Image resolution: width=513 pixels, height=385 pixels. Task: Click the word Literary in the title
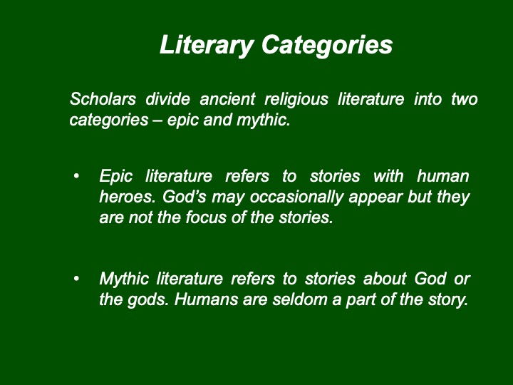(x=207, y=46)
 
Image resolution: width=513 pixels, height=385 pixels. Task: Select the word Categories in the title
(x=327, y=46)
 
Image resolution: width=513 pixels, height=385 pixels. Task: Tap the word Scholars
(x=103, y=99)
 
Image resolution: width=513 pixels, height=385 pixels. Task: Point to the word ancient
(x=227, y=99)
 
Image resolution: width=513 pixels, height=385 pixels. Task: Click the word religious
(x=296, y=100)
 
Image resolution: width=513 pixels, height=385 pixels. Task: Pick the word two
(x=465, y=99)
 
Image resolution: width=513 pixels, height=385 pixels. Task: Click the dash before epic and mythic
(x=157, y=120)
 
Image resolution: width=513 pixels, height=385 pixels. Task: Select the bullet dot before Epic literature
(x=76, y=177)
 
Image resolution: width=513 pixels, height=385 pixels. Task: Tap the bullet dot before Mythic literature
(x=76, y=279)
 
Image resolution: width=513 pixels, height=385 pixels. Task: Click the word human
(x=443, y=176)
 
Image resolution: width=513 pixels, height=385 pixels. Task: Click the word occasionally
(x=296, y=197)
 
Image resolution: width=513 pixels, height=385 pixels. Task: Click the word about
(x=385, y=279)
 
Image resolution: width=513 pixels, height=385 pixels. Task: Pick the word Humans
(x=206, y=299)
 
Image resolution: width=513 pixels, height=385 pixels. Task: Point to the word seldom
(x=300, y=299)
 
